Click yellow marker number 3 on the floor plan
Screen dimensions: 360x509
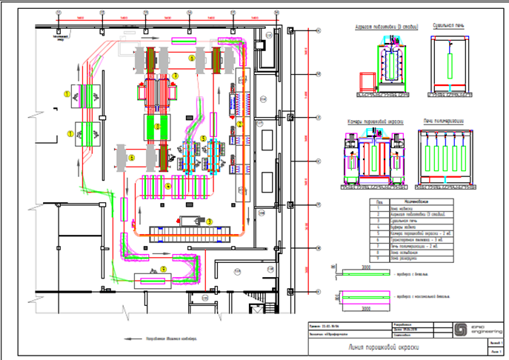coord(210,221)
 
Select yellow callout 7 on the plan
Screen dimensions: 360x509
coord(176,76)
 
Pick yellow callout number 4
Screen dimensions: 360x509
coord(168,187)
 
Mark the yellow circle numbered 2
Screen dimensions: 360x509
coord(157,125)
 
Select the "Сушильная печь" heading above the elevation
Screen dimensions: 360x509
coord(448,26)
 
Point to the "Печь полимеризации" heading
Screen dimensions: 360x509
coord(444,121)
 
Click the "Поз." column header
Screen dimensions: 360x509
coord(379,201)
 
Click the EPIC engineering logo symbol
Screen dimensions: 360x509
coord(460,330)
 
